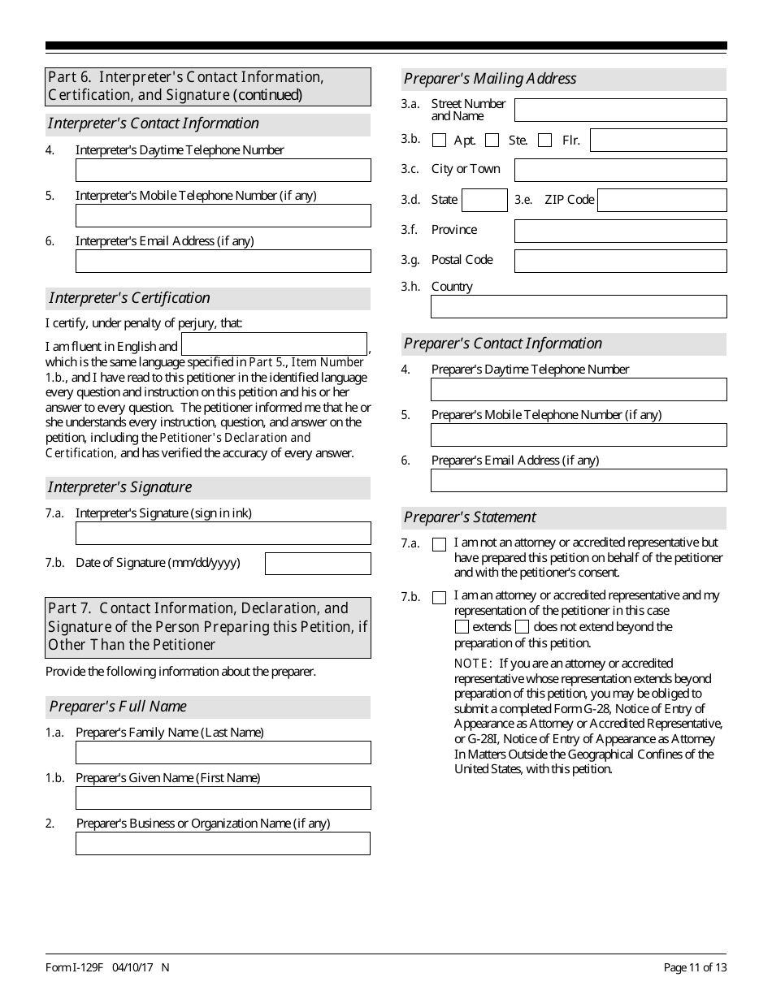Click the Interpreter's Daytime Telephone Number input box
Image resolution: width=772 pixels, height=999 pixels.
pyautogui.click(x=223, y=170)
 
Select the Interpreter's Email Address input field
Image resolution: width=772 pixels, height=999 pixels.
pyautogui.click(x=223, y=261)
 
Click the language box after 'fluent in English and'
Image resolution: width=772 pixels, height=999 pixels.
pyautogui.click(x=274, y=344)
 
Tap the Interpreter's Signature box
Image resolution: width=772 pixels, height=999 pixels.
pyautogui.click(x=223, y=534)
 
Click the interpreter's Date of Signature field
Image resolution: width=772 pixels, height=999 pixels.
pyautogui.click(x=318, y=564)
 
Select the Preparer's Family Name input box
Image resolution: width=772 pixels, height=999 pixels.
pyautogui.click(x=223, y=752)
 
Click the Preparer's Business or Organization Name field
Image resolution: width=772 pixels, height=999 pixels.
pyautogui.click(x=223, y=843)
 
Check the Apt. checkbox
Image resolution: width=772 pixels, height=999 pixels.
pyautogui.click(x=440, y=141)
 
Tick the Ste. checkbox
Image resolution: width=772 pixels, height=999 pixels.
pyautogui.click(x=492, y=141)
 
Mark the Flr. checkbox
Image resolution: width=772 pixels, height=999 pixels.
pyautogui.click(x=544, y=141)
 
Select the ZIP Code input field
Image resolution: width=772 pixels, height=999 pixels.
pyautogui.click(x=661, y=200)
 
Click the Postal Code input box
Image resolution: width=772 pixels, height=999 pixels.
pyautogui.click(x=620, y=261)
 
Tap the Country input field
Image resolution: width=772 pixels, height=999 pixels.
pyautogui.click(x=579, y=307)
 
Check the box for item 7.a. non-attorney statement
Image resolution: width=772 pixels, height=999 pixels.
pyautogui.click(x=440, y=545)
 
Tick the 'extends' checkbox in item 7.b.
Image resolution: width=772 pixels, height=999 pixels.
pyautogui.click(x=462, y=627)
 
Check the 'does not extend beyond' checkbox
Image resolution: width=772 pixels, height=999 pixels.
pyautogui.click(x=522, y=627)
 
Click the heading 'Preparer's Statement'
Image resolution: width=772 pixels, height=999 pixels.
pyautogui.click(x=471, y=517)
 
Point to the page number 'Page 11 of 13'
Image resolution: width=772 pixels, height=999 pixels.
pyautogui.click(x=695, y=967)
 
